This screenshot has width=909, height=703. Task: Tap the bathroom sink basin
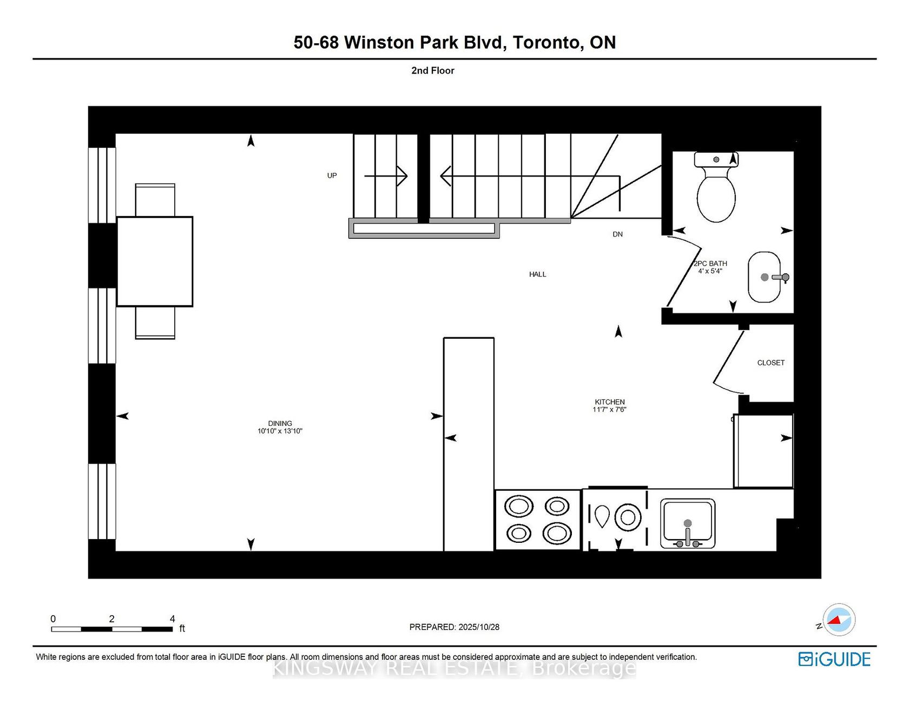[x=764, y=277]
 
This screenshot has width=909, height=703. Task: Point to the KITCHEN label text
[x=609, y=402]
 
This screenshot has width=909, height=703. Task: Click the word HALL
[x=537, y=274]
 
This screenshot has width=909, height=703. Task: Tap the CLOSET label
[x=770, y=363]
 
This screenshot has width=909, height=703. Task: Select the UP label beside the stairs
[x=332, y=175]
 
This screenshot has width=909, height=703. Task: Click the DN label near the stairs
[x=617, y=234]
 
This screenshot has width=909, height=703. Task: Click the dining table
[x=155, y=261]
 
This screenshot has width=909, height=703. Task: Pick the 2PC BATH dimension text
[x=710, y=271]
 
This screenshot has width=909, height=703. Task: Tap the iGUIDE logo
[x=834, y=659]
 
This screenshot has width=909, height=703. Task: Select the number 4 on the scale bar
[x=173, y=619]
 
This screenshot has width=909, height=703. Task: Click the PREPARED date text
[x=454, y=627]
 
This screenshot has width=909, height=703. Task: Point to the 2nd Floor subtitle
[x=432, y=70]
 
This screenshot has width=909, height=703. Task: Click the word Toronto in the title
[x=548, y=42]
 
